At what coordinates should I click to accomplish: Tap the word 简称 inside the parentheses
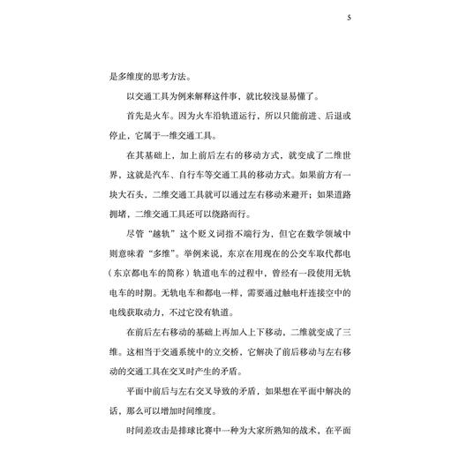(177, 286)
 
